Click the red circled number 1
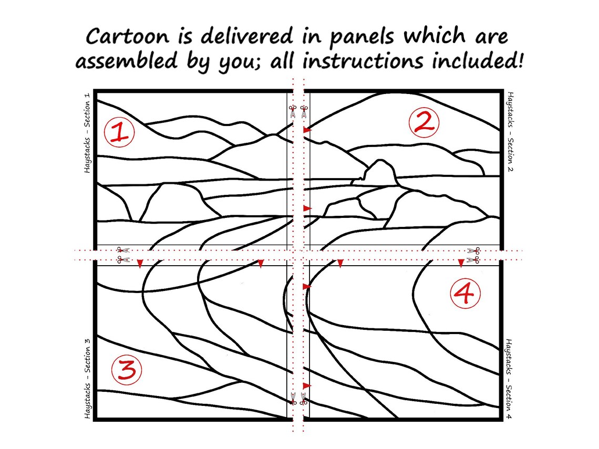coord(120,132)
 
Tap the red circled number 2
coord(424,122)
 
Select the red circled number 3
coord(127,370)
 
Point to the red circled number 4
coord(465,293)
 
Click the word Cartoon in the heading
coord(127,37)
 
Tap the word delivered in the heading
coord(247,36)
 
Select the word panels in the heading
coord(362,38)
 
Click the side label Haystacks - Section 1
coord(87,132)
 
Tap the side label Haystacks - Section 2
coord(510,131)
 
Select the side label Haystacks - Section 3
coord(87,378)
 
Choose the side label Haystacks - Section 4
coord(509,379)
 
